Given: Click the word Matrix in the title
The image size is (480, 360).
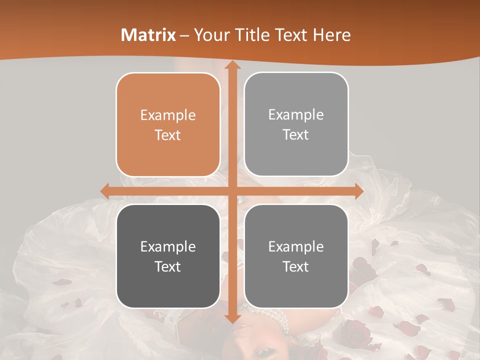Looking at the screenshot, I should coord(148,35).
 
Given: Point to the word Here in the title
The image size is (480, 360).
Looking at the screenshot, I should coord(331,35).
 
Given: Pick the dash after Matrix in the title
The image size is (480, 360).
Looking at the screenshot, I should coord(184,36).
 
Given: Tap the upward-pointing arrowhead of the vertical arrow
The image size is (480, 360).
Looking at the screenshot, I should coord(232,65).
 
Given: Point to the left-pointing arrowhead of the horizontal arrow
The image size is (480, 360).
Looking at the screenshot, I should coord(105,191).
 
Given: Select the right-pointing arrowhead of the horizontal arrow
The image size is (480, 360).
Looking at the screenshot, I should coord(358,191).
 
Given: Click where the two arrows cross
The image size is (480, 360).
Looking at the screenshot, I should coord(232,191).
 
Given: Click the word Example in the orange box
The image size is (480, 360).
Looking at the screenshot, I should coord(168,115).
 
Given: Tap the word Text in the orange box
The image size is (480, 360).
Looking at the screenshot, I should coord(168,135).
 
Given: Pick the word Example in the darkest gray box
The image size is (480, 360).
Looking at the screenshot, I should coord(168,246).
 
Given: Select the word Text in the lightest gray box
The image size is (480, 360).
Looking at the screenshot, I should coord(296,134).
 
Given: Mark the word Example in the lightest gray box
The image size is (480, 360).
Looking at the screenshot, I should coord(296,114).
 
